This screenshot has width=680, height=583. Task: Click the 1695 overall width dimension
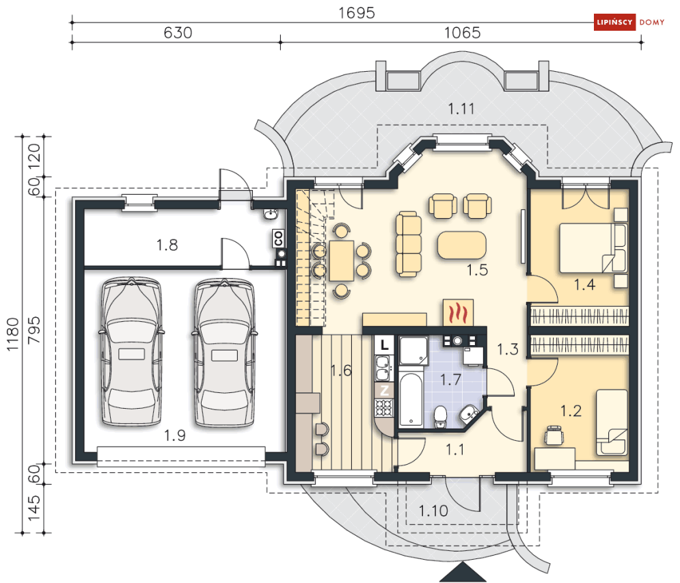pos(357,12)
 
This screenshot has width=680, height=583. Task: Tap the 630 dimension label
pos(178,33)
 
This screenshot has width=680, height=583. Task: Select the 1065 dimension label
pos(462,33)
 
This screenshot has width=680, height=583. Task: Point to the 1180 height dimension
pos(12,334)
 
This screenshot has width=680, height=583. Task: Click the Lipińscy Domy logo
pos(629,22)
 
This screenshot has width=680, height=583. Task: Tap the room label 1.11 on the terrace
pos(461,109)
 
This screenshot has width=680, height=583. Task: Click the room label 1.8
pos(167,245)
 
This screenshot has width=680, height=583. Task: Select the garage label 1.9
pos(175,435)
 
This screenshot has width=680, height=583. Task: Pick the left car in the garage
pos(132,352)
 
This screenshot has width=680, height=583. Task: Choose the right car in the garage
pos(224,353)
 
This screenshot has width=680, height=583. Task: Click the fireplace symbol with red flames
pos(458,312)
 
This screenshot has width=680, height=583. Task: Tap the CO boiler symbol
pos(278,238)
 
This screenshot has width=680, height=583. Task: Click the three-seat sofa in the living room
pos(409,244)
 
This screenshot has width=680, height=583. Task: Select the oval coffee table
pos(462,245)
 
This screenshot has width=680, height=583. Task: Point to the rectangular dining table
pos(341,260)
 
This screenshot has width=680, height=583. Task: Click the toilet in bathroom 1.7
pos(441,417)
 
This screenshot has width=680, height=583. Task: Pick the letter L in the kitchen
pos(385,345)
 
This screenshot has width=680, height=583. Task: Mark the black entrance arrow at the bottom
pos(463,573)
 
